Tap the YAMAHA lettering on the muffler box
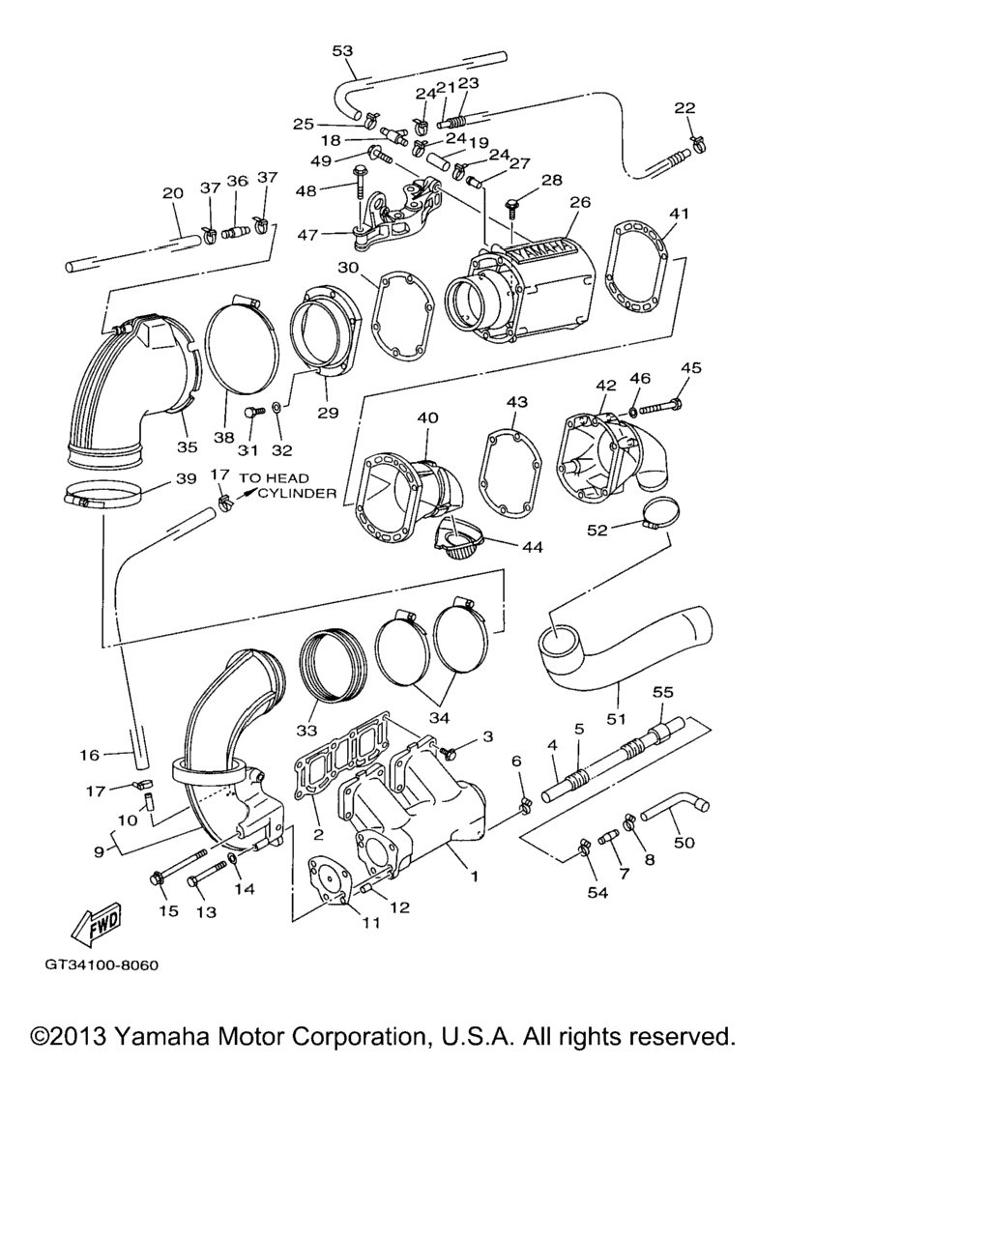[539, 250]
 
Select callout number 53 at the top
[342, 50]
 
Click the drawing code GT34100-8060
[102, 965]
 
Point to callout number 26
[580, 202]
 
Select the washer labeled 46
[632, 411]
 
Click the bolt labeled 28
[510, 209]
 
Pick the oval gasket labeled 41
[639, 268]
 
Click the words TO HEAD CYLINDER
[288, 486]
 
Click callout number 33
[306, 730]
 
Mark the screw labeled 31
[253, 412]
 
